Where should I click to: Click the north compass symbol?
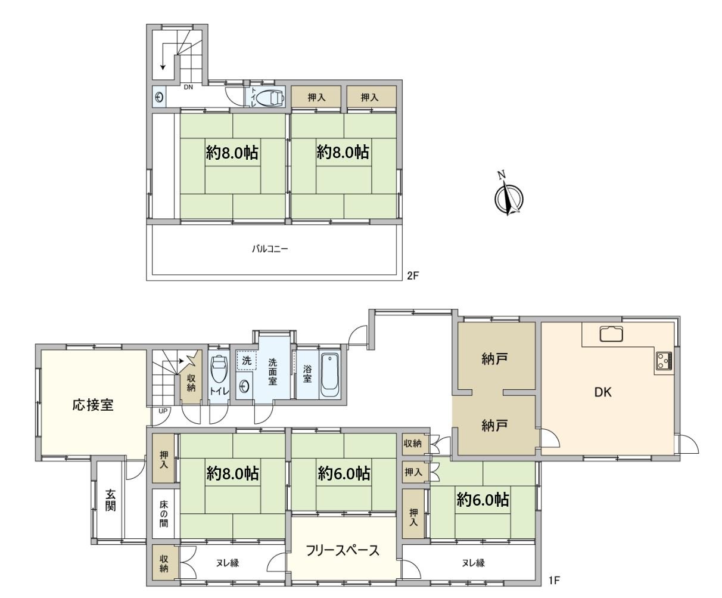click(508, 195)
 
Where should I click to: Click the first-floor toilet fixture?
click(219, 369)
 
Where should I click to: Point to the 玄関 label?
click(111, 500)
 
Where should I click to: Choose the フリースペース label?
click(343, 550)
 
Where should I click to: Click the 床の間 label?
click(163, 515)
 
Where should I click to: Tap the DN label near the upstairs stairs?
click(188, 87)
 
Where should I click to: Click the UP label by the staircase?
click(163, 411)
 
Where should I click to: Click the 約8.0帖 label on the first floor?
click(232, 474)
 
